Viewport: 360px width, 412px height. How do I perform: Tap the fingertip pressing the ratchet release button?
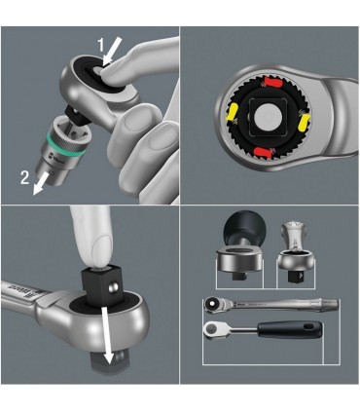click(108, 72)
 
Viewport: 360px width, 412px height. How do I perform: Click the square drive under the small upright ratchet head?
click(296, 281)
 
